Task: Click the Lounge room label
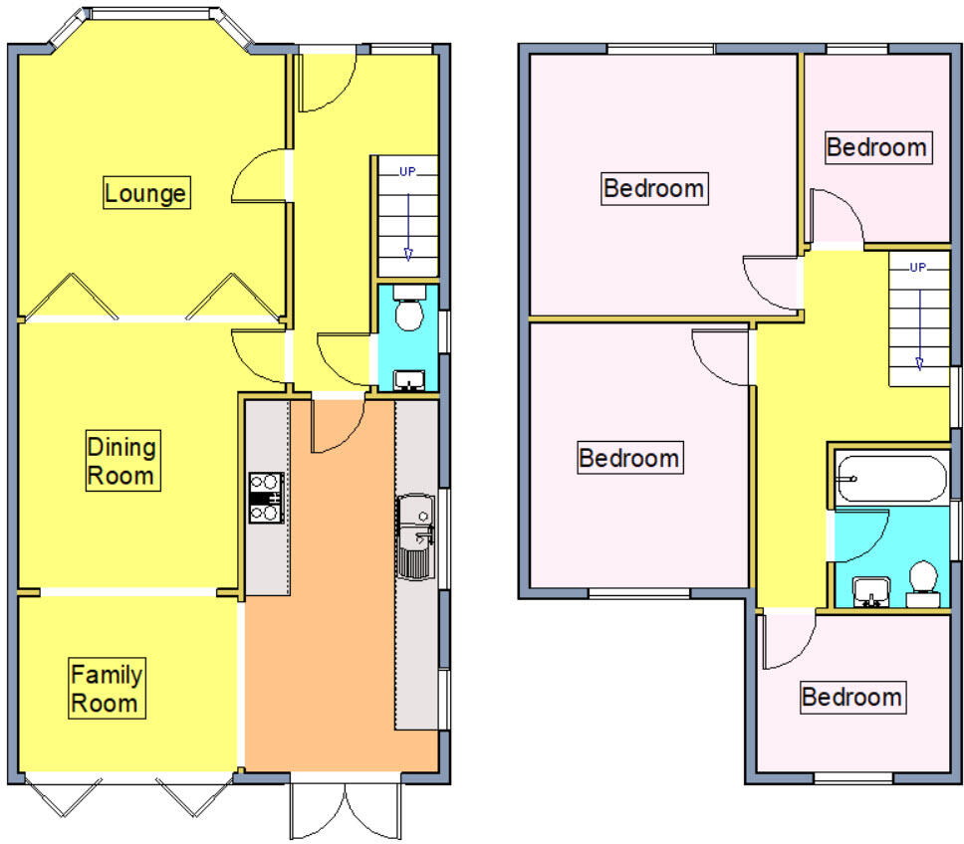coord(145,192)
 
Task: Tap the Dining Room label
coord(120,460)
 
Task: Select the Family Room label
coord(106,689)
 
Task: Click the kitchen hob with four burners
coord(266,498)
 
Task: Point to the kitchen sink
coord(414,538)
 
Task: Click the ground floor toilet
coord(408,311)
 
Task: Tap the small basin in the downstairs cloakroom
coord(408,379)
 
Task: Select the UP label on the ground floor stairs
coord(407,171)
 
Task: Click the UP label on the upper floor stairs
coord(918,267)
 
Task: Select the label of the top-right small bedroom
coord(877,147)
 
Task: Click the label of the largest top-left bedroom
coord(654,187)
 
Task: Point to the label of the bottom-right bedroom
coord(852,697)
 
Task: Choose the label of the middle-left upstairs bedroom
coord(629,458)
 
